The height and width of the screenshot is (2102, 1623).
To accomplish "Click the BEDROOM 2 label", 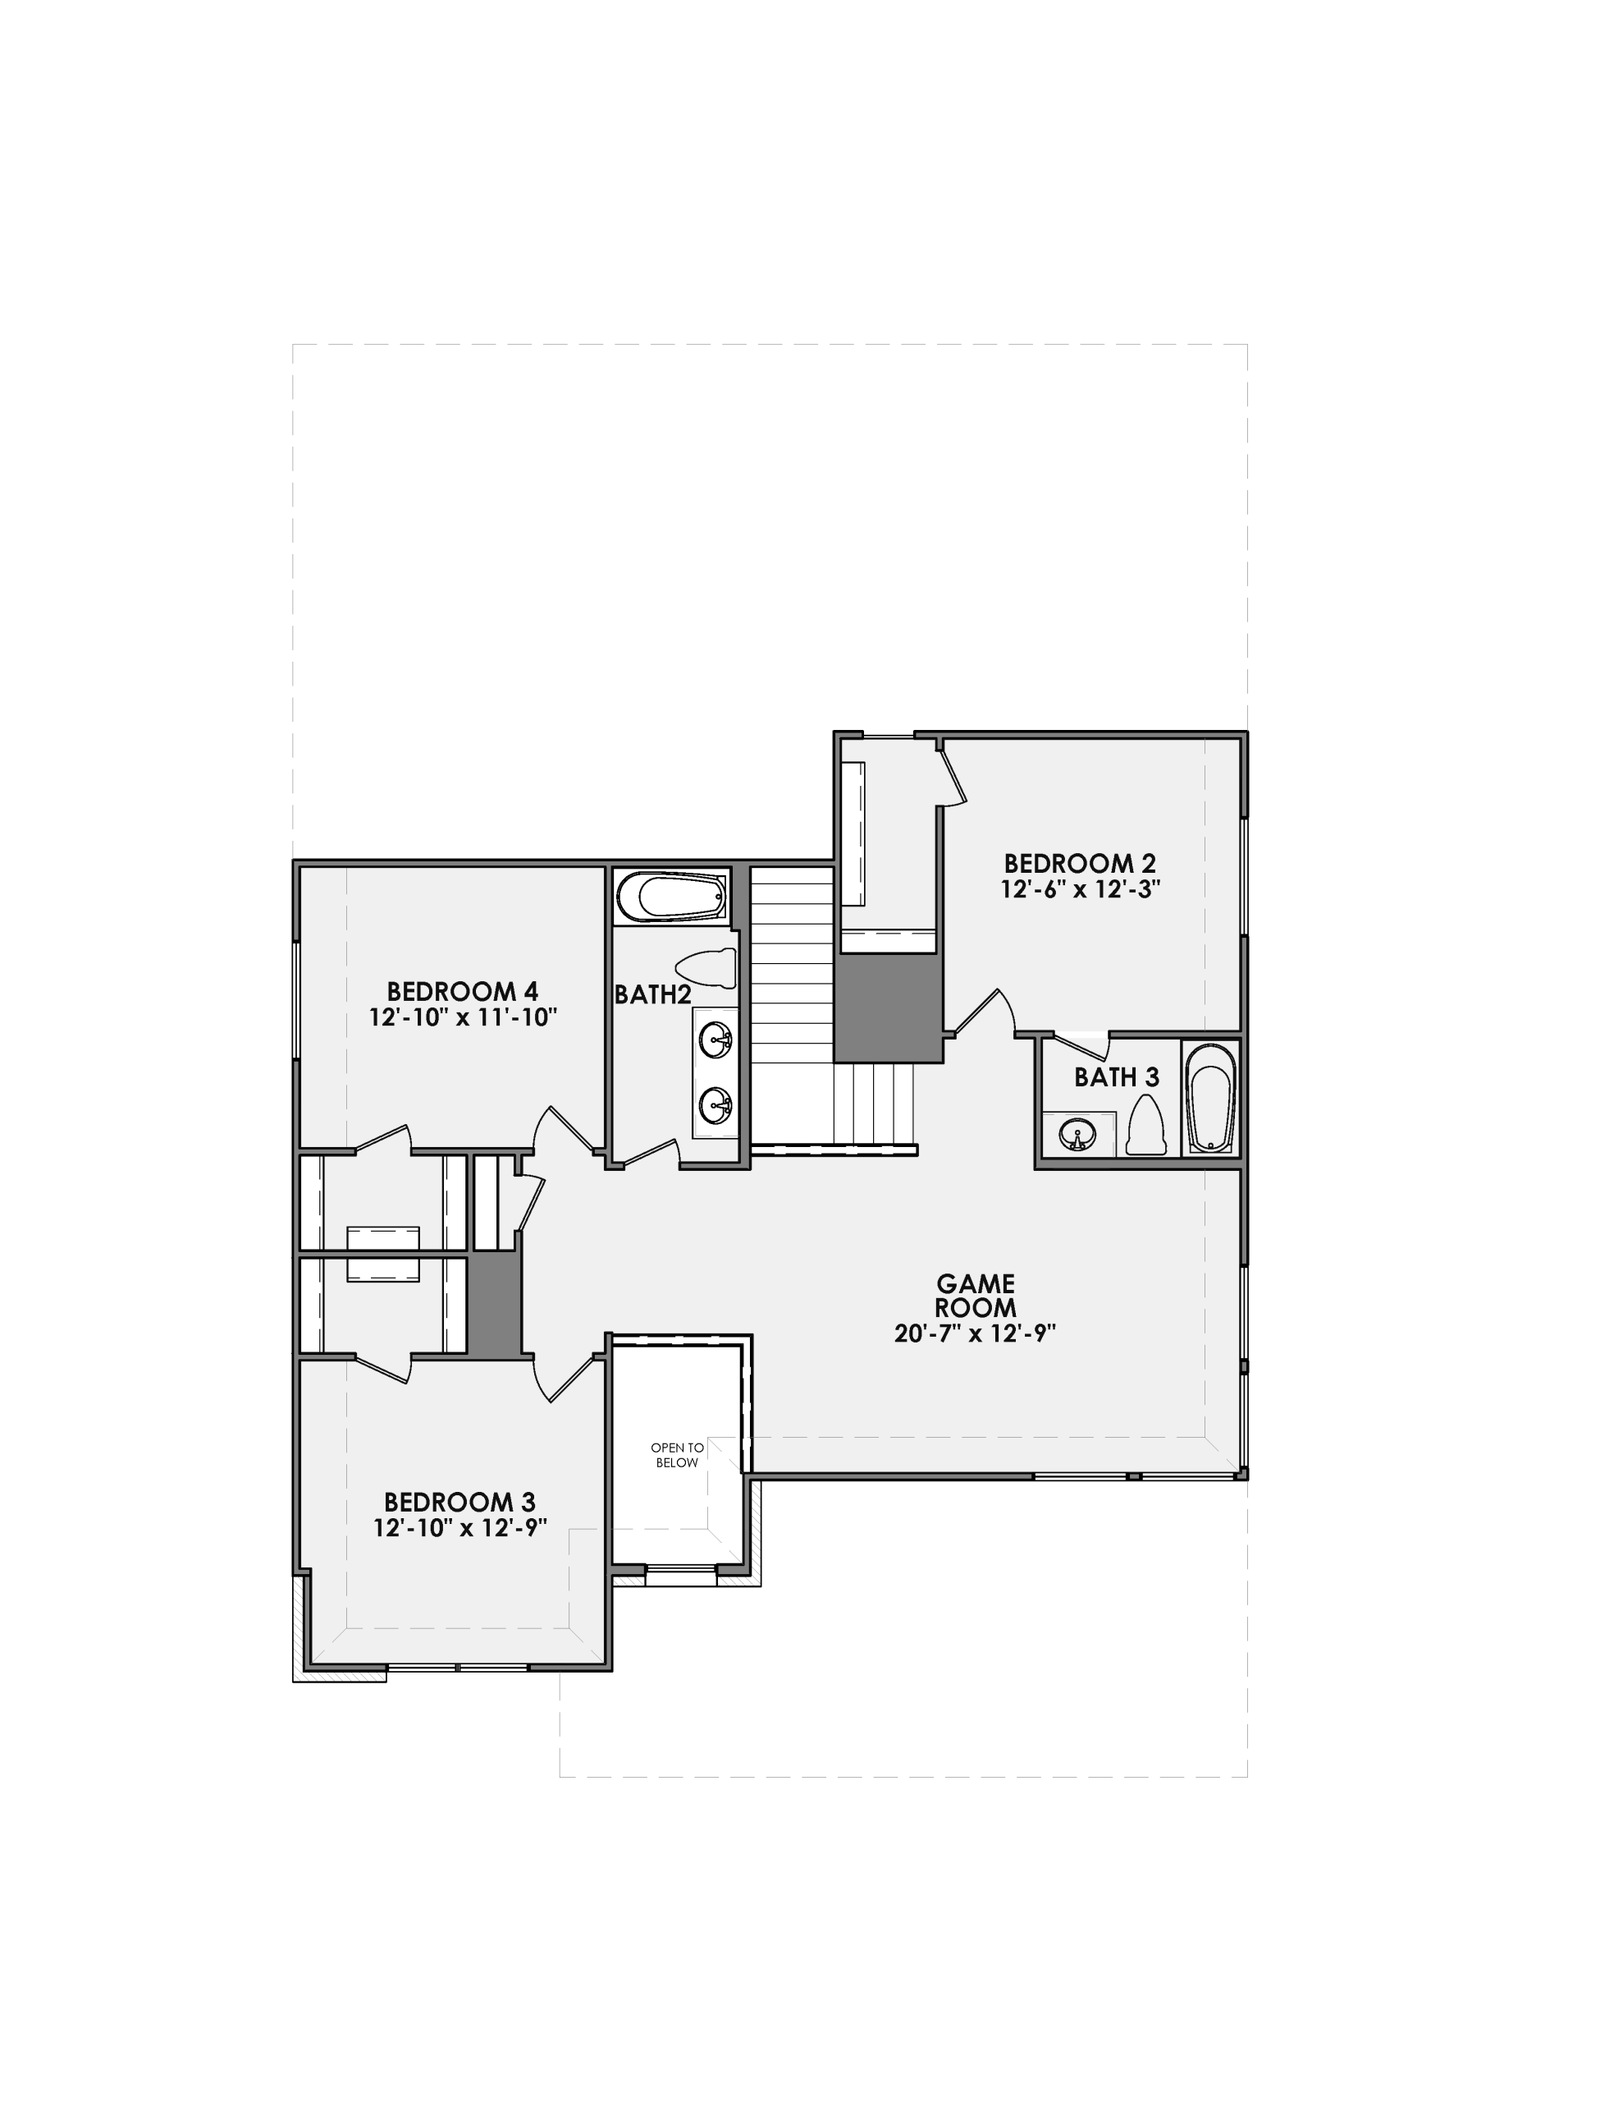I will click(1080, 863).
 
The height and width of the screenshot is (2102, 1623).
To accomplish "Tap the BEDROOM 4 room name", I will click(462, 991).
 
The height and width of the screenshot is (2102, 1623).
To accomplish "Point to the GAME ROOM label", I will click(976, 1296).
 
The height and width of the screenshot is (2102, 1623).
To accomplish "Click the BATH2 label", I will click(652, 995).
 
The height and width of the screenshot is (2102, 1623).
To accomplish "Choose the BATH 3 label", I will click(1116, 1077).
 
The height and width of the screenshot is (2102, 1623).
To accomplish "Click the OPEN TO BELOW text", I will click(677, 1455).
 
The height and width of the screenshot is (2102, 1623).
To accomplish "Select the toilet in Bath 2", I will click(707, 967).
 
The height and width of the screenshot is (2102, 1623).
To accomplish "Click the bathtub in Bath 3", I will click(1210, 1098).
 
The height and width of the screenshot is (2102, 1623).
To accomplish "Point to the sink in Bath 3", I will click(1077, 1136).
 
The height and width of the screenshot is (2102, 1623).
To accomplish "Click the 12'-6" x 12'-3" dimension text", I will click(1080, 889).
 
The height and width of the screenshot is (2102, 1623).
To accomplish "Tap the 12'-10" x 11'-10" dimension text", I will click(463, 1017).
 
